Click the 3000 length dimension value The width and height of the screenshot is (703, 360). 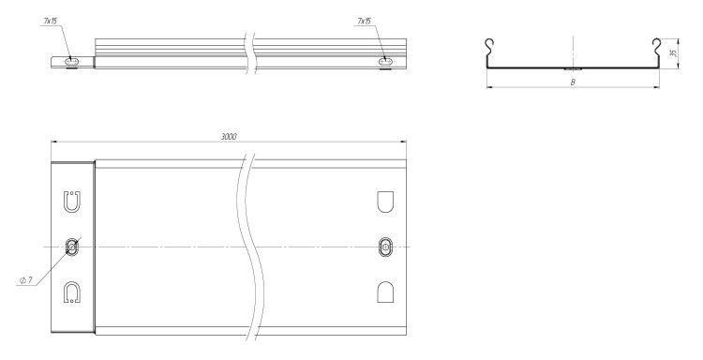coord(229,136)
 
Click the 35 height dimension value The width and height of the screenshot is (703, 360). coord(672,53)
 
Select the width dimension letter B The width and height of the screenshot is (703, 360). coord(573,82)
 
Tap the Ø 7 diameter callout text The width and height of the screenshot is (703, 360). coord(26,280)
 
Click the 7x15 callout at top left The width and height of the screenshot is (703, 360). coord(51,21)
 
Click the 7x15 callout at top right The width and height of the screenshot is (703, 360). coord(364,21)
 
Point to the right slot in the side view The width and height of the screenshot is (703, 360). coord(384,61)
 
